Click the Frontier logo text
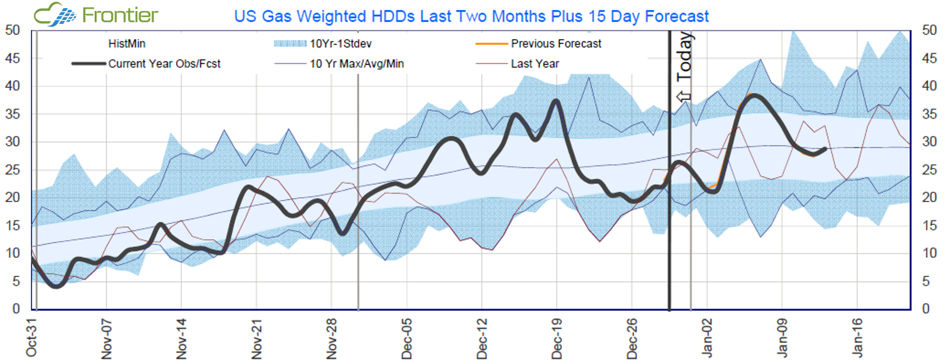[120, 15]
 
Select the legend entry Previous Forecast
[555, 44]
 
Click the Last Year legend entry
[534, 64]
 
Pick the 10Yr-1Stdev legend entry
[340, 44]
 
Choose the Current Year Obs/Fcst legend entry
[164, 64]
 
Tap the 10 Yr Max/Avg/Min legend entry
[357, 64]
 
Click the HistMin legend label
[127, 44]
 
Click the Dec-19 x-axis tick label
[557, 338]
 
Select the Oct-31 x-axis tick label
[32, 338]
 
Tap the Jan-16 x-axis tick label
[857, 338]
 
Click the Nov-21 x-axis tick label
[256, 338]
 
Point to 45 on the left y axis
[12, 58]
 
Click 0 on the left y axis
[16, 309]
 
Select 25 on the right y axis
[930, 170]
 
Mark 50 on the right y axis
[930, 30]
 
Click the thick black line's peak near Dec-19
[556, 101]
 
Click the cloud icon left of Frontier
[54, 15]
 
